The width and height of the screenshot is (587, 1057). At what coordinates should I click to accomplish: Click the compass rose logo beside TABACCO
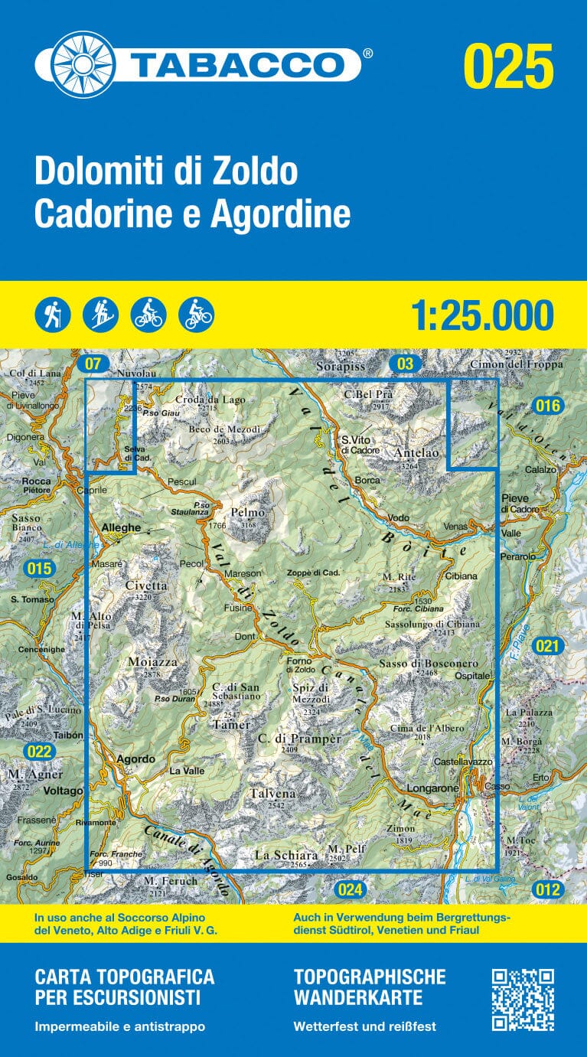pyautogui.click(x=74, y=64)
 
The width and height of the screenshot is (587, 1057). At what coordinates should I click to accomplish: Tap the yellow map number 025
pyautogui.click(x=508, y=66)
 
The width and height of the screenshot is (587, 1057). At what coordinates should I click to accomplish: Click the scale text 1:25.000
pyautogui.click(x=481, y=315)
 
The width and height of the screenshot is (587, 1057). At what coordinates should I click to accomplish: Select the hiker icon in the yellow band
pyautogui.click(x=53, y=315)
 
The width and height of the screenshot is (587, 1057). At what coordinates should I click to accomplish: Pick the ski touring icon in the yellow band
pyautogui.click(x=101, y=315)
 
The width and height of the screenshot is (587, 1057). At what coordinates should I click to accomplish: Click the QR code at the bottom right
pyautogui.click(x=522, y=1000)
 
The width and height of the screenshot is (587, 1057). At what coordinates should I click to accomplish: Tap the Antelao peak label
pyautogui.click(x=416, y=453)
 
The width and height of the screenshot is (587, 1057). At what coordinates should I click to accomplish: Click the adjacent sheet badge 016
pyautogui.click(x=548, y=406)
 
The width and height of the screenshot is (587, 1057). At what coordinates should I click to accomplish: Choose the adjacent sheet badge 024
pyautogui.click(x=349, y=889)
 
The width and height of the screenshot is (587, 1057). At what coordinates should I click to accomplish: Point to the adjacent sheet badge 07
pyautogui.click(x=93, y=364)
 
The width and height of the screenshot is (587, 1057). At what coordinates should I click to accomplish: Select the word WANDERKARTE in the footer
pyautogui.click(x=357, y=997)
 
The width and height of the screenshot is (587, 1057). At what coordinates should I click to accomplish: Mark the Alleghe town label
pyautogui.click(x=121, y=527)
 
